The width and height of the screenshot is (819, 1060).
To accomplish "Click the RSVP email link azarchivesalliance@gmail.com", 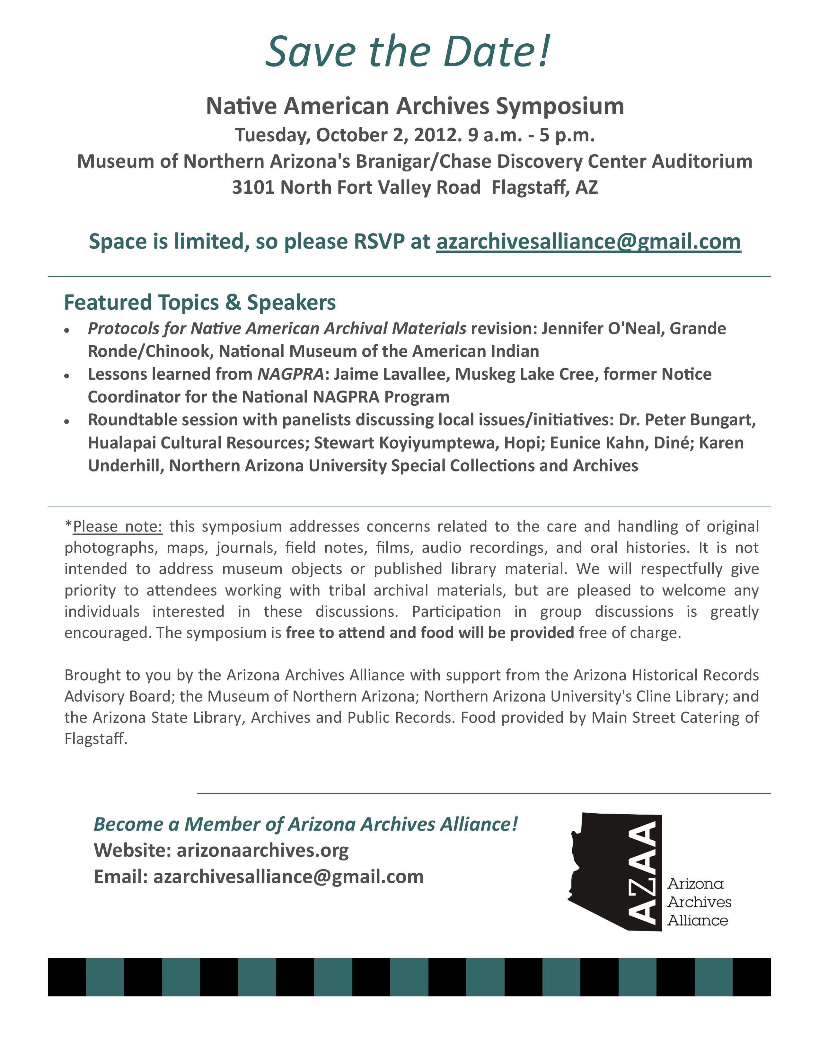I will [x=588, y=242].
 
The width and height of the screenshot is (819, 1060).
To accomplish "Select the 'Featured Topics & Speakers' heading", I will [x=200, y=302].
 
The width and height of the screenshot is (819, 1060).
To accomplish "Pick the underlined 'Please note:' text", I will [x=118, y=526].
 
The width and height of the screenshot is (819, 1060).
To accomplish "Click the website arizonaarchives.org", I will [x=262, y=850].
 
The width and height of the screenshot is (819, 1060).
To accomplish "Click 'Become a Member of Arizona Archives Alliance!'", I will [x=306, y=824].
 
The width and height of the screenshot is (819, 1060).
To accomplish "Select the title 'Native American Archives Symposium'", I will [x=415, y=106].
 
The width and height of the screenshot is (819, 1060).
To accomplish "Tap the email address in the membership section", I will [x=288, y=877].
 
